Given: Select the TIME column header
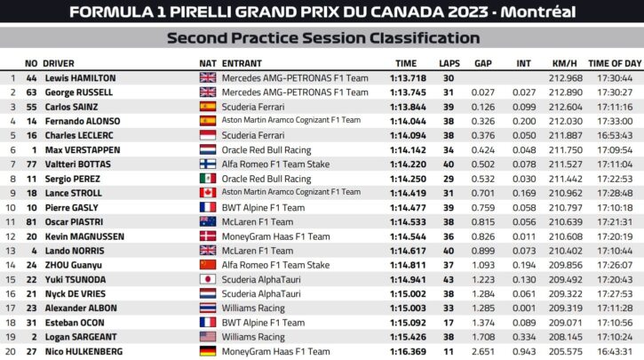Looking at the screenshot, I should (x=405, y=64).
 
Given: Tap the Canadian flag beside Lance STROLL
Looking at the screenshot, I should (x=208, y=192).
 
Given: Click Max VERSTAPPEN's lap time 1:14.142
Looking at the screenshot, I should (x=409, y=150).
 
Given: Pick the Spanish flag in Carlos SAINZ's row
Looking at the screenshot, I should (x=208, y=107).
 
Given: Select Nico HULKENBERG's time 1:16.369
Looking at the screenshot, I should (x=409, y=352).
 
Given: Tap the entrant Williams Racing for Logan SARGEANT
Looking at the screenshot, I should (x=253, y=337).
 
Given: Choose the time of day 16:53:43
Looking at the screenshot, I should (x=615, y=135).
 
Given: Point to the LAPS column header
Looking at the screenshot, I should (x=449, y=64).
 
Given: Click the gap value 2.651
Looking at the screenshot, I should (x=483, y=352).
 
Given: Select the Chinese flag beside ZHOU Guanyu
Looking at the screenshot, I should (x=208, y=265).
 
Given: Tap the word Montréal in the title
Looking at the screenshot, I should (x=543, y=12).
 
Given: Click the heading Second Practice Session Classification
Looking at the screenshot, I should (x=322, y=38).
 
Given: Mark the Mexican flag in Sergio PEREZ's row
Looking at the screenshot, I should (x=208, y=179).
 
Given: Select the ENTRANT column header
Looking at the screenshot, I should (x=242, y=64).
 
